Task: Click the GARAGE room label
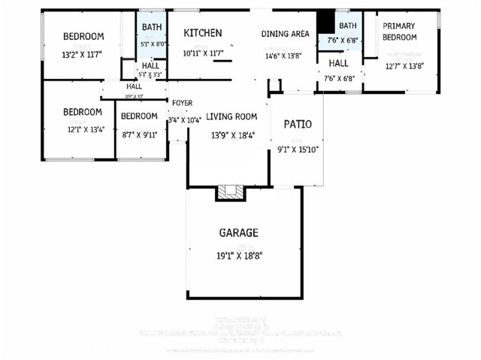click(238, 233)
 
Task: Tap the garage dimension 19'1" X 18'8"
click(238, 256)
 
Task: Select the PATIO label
click(297, 124)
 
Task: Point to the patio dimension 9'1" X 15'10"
click(298, 150)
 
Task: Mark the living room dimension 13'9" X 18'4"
click(232, 136)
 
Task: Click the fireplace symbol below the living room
click(231, 193)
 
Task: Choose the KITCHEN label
click(203, 33)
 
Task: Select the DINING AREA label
click(285, 34)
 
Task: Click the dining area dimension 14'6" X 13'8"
click(284, 56)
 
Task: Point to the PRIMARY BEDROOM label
click(399, 32)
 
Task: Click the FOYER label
click(183, 103)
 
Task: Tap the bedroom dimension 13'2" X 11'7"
click(83, 55)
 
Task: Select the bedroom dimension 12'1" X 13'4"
click(83, 129)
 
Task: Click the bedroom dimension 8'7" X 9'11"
click(140, 135)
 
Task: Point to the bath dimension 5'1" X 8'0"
click(152, 44)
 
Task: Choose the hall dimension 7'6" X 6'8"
click(338, 78)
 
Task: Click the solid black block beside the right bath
click(325, 20)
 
